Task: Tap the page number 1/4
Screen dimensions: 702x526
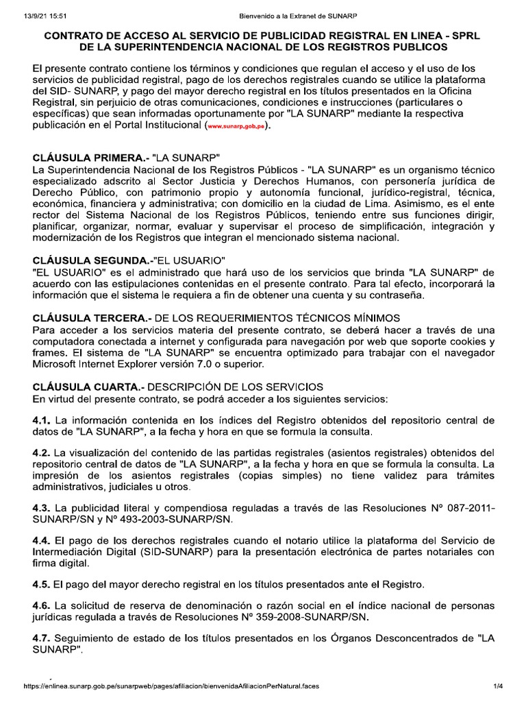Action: [498, 686]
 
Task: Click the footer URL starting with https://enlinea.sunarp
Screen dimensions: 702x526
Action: [171, 686]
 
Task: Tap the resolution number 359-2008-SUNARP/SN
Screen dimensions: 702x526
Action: [319, 617]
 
